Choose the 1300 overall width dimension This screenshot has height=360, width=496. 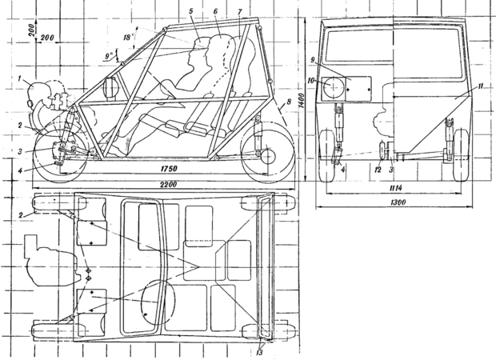[392, 203]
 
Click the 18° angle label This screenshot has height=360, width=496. [127, 38]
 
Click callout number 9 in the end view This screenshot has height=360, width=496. [319, 62]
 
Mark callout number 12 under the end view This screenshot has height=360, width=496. [378, 169]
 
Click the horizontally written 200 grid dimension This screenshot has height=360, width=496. [46, 38]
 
